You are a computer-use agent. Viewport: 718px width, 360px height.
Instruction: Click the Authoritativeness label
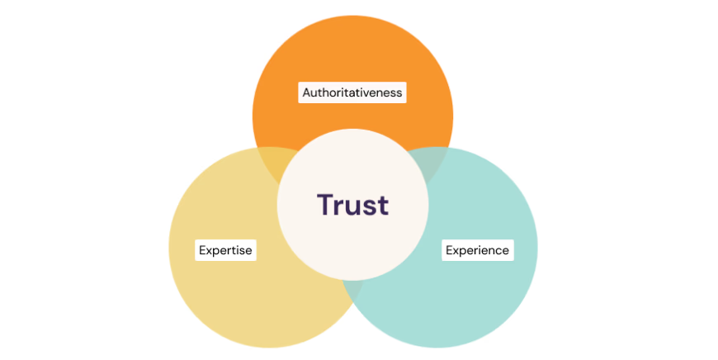point(352,92)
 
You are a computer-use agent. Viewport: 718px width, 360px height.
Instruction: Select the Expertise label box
point(225,249)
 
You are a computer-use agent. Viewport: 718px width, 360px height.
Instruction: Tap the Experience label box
point(478,249)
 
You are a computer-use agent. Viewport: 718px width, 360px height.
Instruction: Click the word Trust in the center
point(352,205)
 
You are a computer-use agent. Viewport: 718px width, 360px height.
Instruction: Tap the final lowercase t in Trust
point(382,205)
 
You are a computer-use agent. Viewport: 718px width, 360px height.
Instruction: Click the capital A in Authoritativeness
point(306,92)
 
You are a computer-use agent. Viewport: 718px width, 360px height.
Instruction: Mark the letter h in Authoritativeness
point(324,92)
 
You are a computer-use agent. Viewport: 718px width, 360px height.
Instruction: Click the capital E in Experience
point(450,249)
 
